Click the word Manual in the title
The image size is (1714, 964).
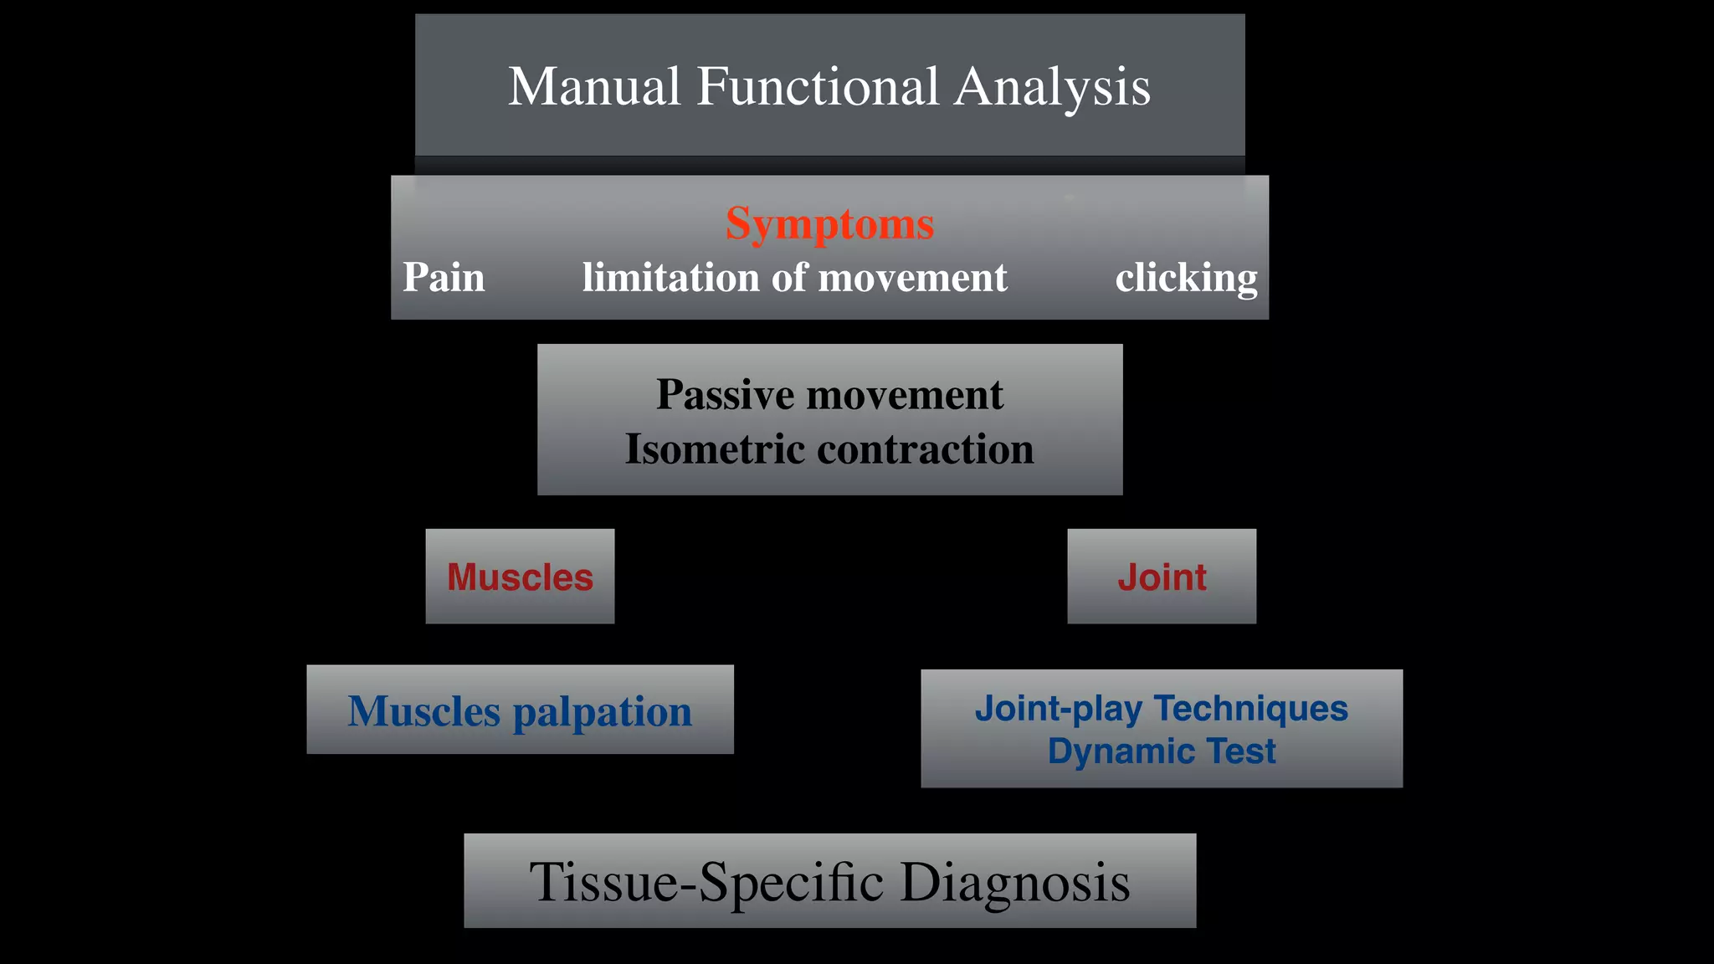(594, 86)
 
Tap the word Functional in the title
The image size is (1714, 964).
(818, 86)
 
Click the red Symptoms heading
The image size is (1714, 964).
(829, 224)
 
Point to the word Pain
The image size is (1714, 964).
(444, 278)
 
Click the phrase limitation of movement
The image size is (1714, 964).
(794, 278)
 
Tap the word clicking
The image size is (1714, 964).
(1186, 278)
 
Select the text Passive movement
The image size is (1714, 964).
(829, 394)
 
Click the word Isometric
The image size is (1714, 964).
(715, 449)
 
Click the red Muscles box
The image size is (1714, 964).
(520, 577)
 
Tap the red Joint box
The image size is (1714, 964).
(1162, 577)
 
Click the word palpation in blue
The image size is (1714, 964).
(602, 712)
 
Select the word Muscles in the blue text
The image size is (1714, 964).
(424, 711)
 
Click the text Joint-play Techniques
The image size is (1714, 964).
(1161, 709)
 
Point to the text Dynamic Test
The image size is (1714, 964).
(1161, 751)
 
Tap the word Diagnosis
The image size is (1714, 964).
(1014, 882)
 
